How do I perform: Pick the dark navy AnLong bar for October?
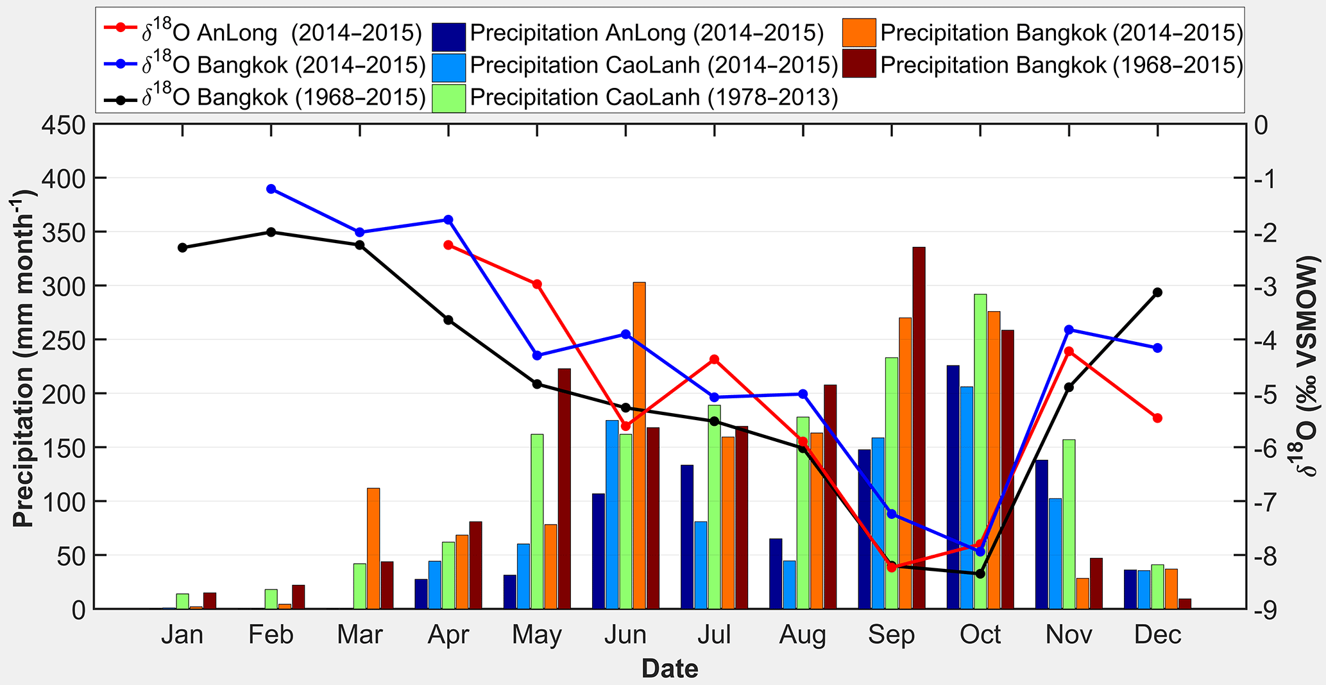[x=953, y=487]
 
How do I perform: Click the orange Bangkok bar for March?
[x=373, y=548]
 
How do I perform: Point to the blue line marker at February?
[x=271, y=189]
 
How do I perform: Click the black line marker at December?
[x=1157, y=292]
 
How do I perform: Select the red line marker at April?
[x=448, y=245]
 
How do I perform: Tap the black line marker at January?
[x=182, y=248]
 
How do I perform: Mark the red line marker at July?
[x=714, y=360]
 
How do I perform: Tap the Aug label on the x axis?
[x=803, y=635]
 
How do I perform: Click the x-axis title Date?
[x=670, y=669]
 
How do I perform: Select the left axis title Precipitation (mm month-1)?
[x=24, y=359]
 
